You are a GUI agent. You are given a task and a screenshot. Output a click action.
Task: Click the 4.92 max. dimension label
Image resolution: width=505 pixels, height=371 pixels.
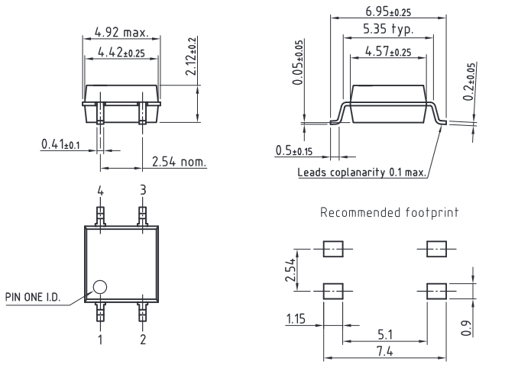click(121, 32)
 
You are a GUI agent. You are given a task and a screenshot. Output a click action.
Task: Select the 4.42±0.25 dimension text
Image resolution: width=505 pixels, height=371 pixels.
click(121, 52)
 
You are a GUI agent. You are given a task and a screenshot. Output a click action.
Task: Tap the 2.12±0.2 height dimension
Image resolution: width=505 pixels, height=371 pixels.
click(191, 56)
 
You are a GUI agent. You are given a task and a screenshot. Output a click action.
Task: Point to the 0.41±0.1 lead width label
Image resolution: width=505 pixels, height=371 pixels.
click(60, 144)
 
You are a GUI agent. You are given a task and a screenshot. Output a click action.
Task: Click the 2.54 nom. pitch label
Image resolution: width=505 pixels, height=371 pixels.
click(179, 162)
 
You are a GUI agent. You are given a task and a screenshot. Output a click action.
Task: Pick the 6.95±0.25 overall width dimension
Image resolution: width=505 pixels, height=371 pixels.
click(388, 11)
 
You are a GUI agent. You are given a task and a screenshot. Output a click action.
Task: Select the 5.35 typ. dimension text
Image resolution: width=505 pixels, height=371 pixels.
click(388, 29)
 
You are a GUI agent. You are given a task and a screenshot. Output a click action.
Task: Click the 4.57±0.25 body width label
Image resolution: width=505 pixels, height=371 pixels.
click(388, 51)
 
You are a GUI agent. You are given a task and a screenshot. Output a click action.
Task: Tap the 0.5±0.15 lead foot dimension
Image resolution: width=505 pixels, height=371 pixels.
click(293, 150)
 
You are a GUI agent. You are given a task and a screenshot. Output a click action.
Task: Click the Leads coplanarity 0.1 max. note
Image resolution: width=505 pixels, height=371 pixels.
click(361, 173)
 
